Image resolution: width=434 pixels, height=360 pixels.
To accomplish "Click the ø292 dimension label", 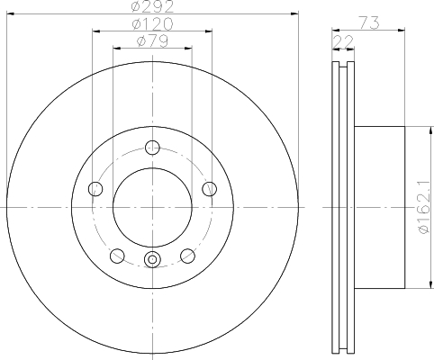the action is tap(153, 6).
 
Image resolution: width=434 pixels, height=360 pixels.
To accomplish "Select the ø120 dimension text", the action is tap(153, 23).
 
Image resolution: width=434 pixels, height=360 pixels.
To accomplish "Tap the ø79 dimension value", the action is tap(152, 41).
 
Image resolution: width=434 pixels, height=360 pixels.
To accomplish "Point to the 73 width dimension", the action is tap(369, 23).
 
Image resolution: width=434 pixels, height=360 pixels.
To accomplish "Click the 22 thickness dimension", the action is tap(343, 41).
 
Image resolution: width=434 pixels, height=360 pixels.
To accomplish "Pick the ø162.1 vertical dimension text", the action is tap(425, 207).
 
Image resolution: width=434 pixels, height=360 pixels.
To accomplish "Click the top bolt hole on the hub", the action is tap(152, 148).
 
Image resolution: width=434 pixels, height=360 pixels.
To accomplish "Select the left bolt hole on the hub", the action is tap(95, 189).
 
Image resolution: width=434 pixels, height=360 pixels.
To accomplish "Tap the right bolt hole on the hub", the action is tap(210, 189).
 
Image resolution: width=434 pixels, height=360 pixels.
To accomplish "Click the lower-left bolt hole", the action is tap(117, 256).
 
